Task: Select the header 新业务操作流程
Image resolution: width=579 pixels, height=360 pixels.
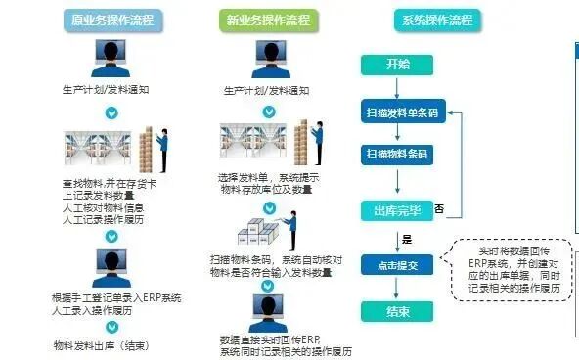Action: pyautogui.click(x=268, y=20)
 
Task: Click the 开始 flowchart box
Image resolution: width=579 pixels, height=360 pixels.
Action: pyautogui.click(x=398, y=65)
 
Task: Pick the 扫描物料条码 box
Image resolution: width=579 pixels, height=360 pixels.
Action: pyautogui.click(x=398, y=155)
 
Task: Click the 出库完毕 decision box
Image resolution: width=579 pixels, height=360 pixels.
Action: pyautogui.click(x=397, y=210)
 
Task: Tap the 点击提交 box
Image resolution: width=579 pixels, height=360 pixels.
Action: pyautogui.click(x=397, y=265)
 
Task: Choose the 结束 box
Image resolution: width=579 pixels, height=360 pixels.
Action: pyautogui.click(x=398, y=311)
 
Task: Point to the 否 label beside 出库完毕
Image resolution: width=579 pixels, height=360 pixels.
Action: pyautogui.click(x=439, y=208)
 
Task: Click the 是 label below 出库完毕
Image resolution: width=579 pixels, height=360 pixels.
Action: pyautogui.click(x=407, y=239)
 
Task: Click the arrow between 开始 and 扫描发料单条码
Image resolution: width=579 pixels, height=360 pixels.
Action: pyautogui.click(x=398, y=88)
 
